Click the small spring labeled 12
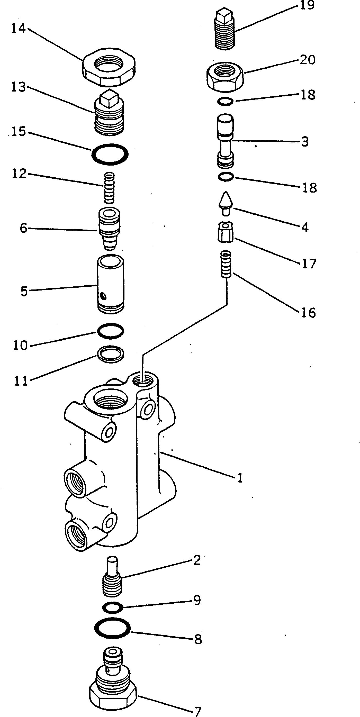click(x=109, y=188)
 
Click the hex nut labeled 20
click(x=225, y=76)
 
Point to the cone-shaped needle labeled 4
click(x=226, y=203)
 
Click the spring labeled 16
click(x=226, y=264)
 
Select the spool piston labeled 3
click(x=225, y=141)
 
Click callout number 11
click(x=21, y=381)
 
